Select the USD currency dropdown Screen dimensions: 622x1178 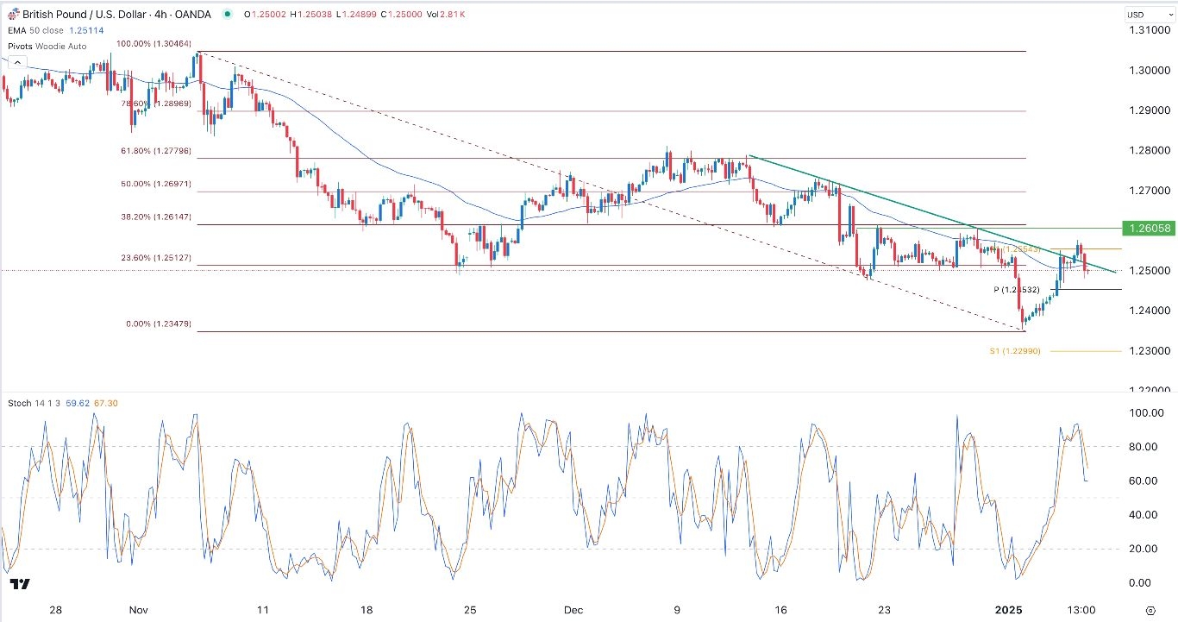(x=1145, y=15)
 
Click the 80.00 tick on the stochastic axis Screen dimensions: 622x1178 (x=1145, y=447)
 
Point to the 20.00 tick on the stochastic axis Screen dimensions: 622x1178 (x=1145, y=549)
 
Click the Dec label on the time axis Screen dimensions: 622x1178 (x=574, y=609)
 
